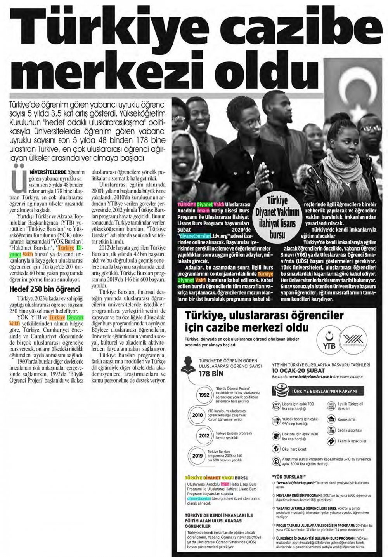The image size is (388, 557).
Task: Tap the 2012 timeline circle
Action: (204, 435)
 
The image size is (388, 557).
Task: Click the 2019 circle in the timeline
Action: (197, 456)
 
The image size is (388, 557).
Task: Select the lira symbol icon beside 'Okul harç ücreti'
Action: (276, 449)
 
